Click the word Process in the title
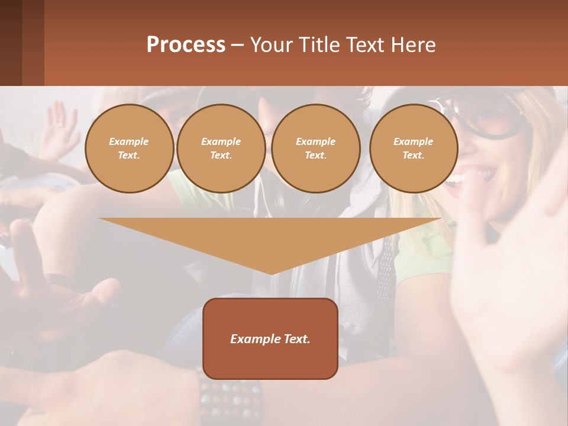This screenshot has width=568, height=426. pyautogui.click(x=186, y=45)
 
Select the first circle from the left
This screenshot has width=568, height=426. pyautogui.click(x=129, y=149)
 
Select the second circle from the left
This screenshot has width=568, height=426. pyautogui.click(x=221, y=149)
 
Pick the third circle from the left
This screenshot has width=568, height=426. pyautogui.click(x=315, y=149)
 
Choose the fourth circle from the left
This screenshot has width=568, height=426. pyautogui.click(x=413, y=149)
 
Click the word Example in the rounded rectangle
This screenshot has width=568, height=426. pyautogui.click(x=253, y=339)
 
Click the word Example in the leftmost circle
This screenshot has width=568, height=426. pyautogui.click(x=129, y=141)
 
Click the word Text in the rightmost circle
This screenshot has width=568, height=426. pyautogui.click(x=413, y=156)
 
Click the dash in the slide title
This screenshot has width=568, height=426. pyautogui.click(x=238, y=45)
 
